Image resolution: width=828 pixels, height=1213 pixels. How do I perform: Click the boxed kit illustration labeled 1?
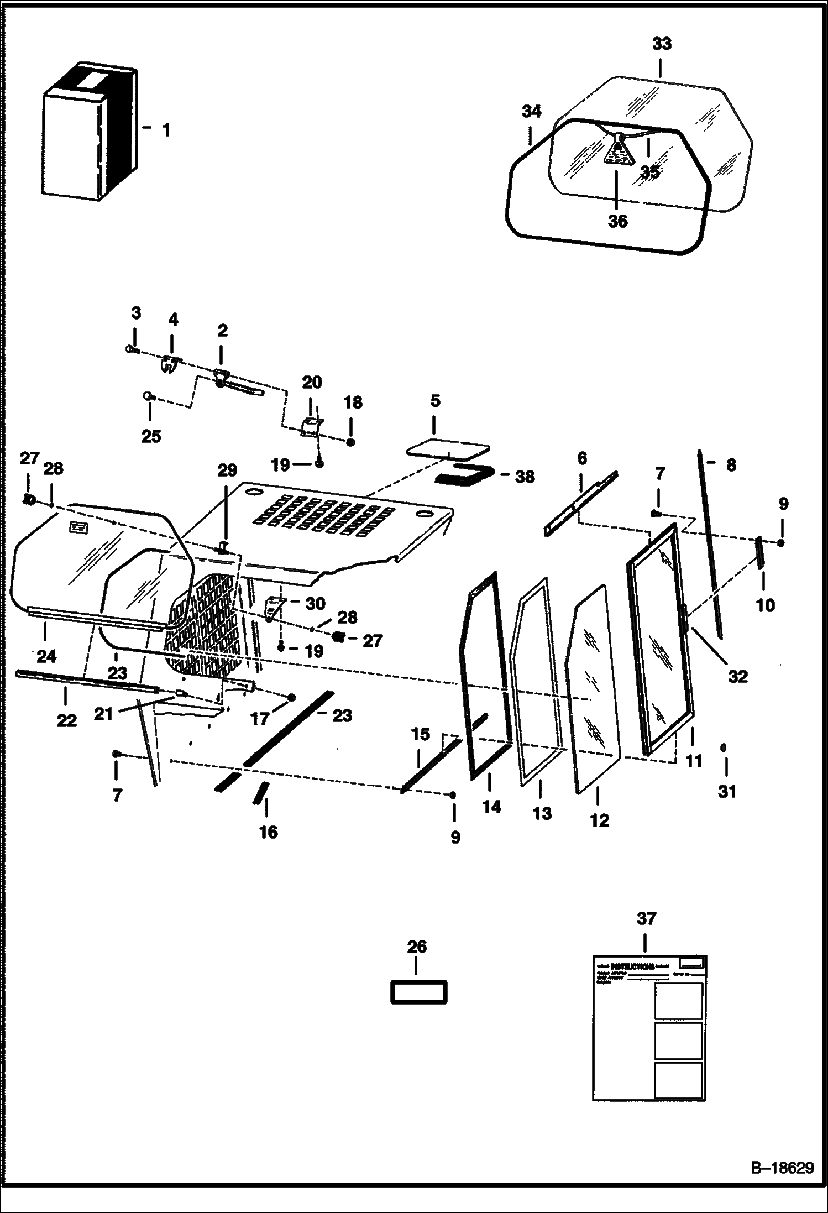click(x=88, y=133)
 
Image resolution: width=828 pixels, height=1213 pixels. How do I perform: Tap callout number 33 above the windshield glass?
click(x=661, y=44)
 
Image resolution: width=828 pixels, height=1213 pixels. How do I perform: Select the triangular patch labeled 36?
click(x=618, y=151)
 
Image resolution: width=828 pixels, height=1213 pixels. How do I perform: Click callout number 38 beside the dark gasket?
click(x=525, y=477)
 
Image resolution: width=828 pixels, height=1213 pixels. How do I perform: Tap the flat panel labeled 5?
click(x=448, y=448)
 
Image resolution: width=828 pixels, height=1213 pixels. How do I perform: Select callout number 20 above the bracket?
click(x=312, y=383)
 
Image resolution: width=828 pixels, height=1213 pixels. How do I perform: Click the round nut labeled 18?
click(x=350, y=442)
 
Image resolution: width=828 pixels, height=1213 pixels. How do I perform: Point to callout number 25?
click(x=151, y=436)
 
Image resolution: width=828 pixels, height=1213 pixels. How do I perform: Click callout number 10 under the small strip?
click(x=766, y=605)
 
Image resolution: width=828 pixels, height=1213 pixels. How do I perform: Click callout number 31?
click(x=727, y=792)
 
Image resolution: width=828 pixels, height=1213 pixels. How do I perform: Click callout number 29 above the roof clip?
click(x=227, y=470)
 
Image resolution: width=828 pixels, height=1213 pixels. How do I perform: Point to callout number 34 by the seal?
click(x=531, y=112)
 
